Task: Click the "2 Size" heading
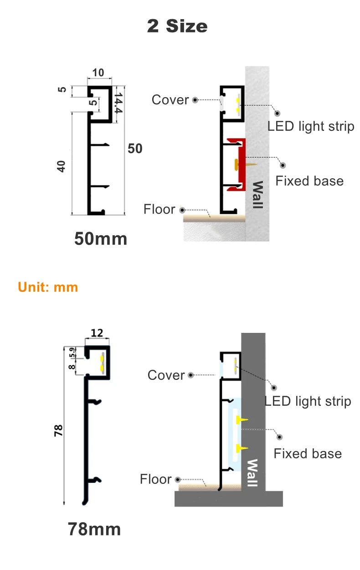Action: tap(177, 26)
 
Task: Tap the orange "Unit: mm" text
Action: tap(48, 287)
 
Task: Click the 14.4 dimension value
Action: tap(118, 104)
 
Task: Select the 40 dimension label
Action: tap(62, 166)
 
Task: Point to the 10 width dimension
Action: tap(98, 73)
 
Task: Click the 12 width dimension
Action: tap(97, 333)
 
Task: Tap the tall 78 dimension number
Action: tap(58, 430)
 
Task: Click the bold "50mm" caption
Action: tap(101, 238)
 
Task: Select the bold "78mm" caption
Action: tap(94, 529)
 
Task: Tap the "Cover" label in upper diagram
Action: tap(170, 100)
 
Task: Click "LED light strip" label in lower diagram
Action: tap(308, 401)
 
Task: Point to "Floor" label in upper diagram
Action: tap(159, 209)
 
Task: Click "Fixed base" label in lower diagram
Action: tap(308, 454)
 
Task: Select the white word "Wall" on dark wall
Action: tap(252, 473)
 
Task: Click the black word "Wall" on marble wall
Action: tap(257, 195)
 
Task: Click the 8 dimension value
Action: tap(72, 366)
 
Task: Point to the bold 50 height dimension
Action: tap(135, 149)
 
